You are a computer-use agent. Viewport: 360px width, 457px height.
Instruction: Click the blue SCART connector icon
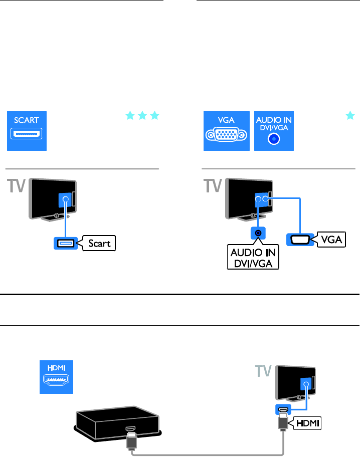coord(27,131)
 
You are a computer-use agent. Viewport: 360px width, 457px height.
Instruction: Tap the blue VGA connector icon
coord(226,131)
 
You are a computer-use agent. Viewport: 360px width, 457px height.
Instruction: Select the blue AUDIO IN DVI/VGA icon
coord(274,131)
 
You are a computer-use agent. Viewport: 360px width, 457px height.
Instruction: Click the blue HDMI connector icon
coord(57,377)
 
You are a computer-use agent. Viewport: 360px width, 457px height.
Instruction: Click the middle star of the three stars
coord(141,116)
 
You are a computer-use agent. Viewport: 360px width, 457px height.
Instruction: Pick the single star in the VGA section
coord(349,116)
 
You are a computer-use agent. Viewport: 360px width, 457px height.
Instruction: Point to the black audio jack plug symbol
coord(258,234)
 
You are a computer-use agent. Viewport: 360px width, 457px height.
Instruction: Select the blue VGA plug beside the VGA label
coord(300,240)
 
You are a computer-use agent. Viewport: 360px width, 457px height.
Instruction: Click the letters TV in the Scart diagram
coord(18,186)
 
